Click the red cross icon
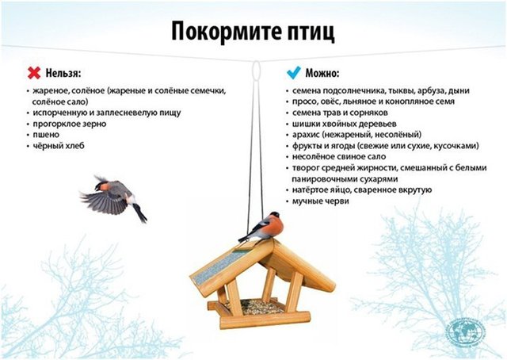click(x=34, y=73)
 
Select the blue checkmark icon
click(x=294, y=73)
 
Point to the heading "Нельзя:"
click(x=63, y=74)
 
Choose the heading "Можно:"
click(x=322, y=74)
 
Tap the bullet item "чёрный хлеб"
click(x=59, y=146)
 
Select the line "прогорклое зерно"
click(x=70, y=124)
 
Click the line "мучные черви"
click(x=320, y=201)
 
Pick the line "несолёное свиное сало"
click(x=339, y=157)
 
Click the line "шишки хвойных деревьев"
click(x=345, y=124)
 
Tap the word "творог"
click(x=306, y=168)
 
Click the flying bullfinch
click(x=113, y=198)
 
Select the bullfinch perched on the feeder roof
click(x=262, y=228)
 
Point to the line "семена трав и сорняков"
click(x=340, y=113)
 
